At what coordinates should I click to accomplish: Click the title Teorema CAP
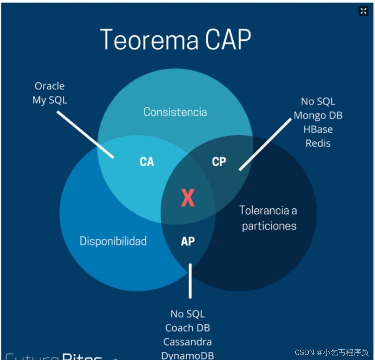point(175,39)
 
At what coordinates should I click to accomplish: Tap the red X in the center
point(188,198)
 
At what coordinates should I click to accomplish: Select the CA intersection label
point(147,162)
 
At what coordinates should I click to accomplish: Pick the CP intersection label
point(219,162)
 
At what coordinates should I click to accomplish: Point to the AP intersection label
point(188,241)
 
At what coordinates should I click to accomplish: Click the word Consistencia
point(175,112)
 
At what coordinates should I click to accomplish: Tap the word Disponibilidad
point(113,241)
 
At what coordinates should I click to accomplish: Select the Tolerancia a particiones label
point(268,218)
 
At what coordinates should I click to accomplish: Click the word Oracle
point(50,86)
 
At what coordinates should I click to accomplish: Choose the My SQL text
point(50,100)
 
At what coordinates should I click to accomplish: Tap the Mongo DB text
point(318,116)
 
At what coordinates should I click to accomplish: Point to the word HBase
point(318,129)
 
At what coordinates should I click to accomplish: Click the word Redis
point(318,143)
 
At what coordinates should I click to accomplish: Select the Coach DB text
point(187,328)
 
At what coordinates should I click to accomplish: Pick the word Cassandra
point(187,342)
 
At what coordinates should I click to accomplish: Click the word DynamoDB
point(187,355)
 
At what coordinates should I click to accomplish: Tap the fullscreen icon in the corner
point(363,11)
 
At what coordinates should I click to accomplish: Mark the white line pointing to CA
point(85,135)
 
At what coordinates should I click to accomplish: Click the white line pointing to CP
point(265,144)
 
